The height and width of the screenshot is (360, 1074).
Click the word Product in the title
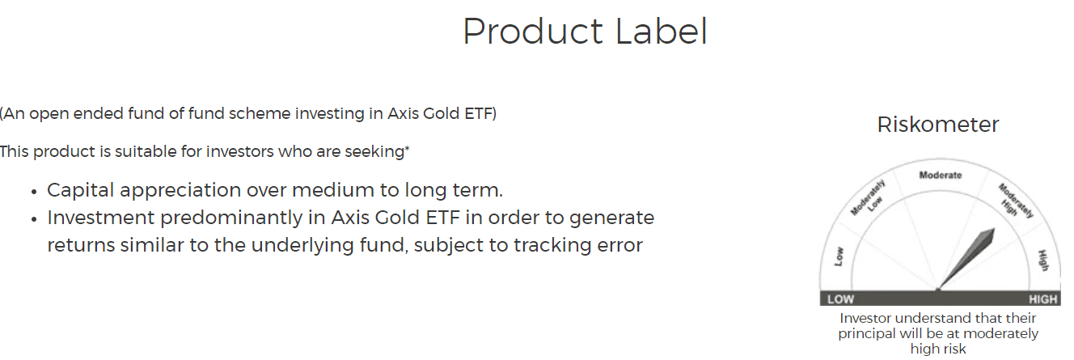coord(529,32)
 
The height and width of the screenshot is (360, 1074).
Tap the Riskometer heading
coord(938,125)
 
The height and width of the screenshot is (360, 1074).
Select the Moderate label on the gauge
coord(941,175)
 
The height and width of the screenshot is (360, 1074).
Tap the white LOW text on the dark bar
coord(840,299)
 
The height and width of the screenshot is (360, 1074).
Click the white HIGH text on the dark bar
coord(1042,299)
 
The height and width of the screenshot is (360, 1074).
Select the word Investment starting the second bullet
coord(100,218)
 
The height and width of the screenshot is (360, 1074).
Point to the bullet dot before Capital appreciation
coord(34,192)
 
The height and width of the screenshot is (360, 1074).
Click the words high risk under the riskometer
coord(938,349)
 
